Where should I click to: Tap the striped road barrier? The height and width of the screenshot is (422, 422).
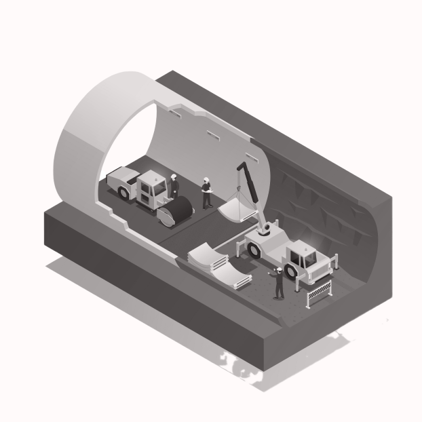pyautogui.click(x=319, y=294)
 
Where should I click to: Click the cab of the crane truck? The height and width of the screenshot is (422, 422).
pyautogui.click(x=304, y=258)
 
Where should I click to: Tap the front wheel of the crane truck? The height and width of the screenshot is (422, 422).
pyautogui.click(x=292, y=271)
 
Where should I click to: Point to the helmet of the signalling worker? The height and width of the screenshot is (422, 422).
pyautogui.click(x=279, y=269)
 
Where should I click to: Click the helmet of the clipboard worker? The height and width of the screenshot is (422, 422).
pyautogui.click(x=205, y=180)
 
